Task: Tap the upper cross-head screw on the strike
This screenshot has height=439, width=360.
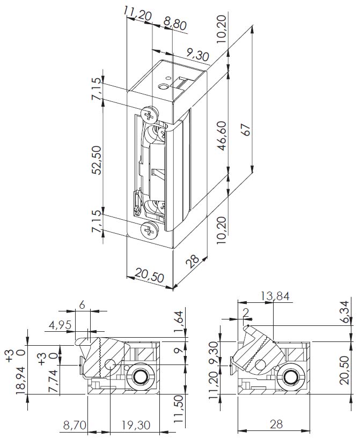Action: [150, 114]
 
